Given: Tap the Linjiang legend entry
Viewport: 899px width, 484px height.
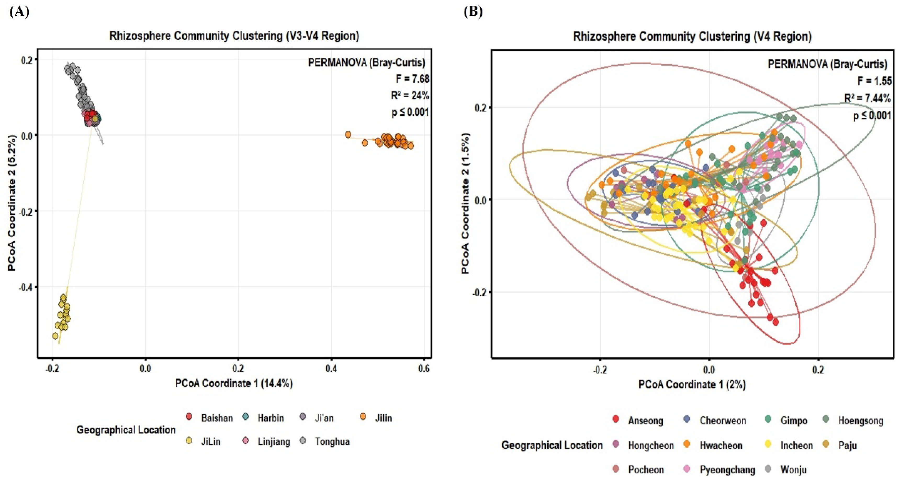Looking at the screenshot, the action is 267,441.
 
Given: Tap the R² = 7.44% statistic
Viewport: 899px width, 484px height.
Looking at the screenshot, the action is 867,98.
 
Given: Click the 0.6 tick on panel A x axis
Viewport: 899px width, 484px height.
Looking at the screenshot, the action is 424,368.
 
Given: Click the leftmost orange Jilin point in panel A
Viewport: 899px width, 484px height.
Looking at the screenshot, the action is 348,135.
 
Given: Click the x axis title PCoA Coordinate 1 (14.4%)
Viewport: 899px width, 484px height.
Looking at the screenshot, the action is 234,383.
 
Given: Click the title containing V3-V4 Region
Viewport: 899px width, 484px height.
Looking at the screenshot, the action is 234,36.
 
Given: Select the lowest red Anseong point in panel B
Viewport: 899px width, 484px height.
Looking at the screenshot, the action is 776,322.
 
